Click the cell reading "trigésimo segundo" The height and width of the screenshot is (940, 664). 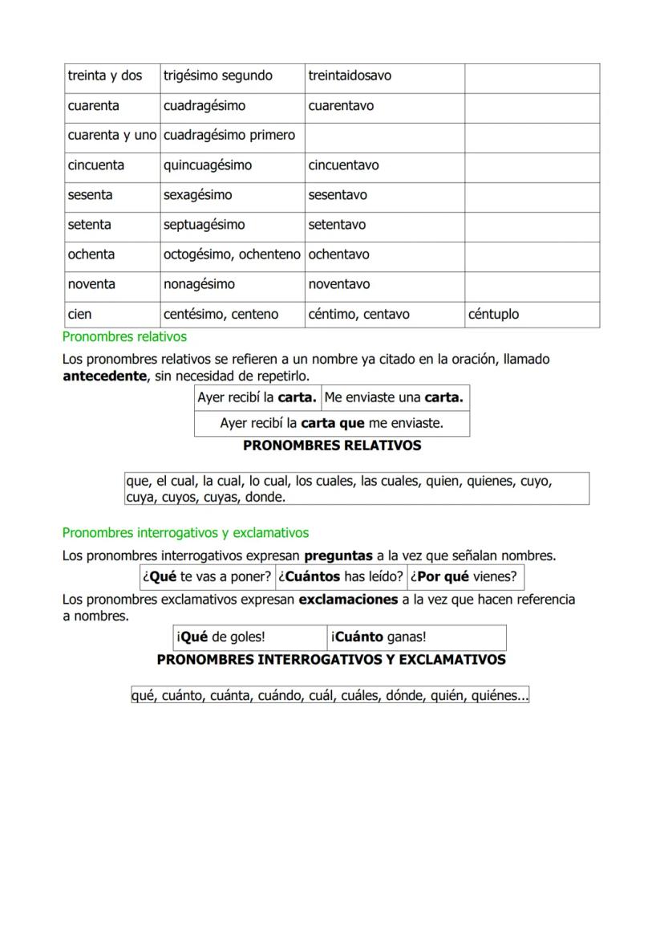[x=218, y=76]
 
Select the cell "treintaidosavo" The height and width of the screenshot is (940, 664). [x=350, y=76]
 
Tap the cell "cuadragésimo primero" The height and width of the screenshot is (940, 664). [x=229, y=136]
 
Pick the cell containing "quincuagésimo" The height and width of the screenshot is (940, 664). [x=208, y=165]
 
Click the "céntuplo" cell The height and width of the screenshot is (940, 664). [x=493, y=315]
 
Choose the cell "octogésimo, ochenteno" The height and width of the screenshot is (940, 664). [x=232, y=254]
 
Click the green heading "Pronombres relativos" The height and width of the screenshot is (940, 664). [x=124, y=337]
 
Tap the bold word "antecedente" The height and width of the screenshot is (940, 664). [x=104, y=376]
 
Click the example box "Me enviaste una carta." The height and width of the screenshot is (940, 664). [x=395, y=398]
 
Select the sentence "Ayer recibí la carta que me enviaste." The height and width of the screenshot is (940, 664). [x=332, y=423]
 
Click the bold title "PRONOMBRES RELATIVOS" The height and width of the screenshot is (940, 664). [x=332, y=446]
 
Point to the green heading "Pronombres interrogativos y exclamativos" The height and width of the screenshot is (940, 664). [x=185, y=533]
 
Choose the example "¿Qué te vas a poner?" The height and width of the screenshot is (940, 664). [x=207, y=577]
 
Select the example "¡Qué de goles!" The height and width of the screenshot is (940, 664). [x=221, y=638]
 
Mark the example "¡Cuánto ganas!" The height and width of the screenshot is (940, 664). [x=379, y=638]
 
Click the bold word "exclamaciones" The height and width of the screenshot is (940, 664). [x=348, y=600]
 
